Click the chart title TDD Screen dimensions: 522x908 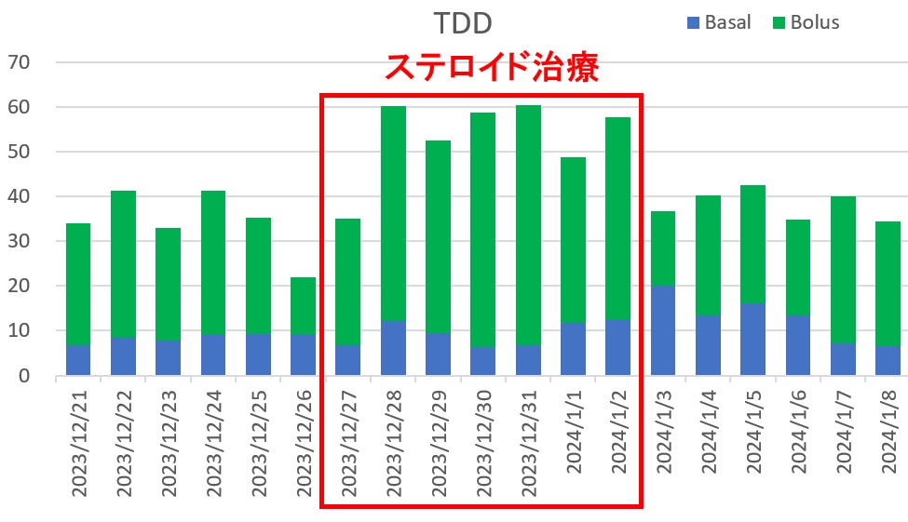pos(463,21)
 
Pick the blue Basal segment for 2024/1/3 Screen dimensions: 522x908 pos(664,330)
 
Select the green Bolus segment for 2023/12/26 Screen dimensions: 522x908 pos(303,306)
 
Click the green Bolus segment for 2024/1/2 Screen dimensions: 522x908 pos(618,219)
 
